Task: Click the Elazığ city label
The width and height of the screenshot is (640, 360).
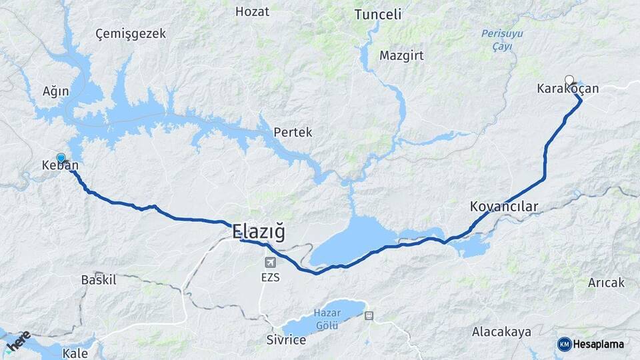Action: click(259, 233)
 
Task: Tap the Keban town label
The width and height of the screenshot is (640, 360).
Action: click(60, 165)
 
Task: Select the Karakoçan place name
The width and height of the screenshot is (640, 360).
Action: click(568, 89)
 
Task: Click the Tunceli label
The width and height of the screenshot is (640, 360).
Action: click(378, 15)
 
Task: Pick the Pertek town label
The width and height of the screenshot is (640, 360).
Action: click(293, 133)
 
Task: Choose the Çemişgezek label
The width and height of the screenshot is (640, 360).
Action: click(130, 33)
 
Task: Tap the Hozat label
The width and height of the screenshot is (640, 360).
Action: click(253, 11)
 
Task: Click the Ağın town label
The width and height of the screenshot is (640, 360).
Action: click(55, 91)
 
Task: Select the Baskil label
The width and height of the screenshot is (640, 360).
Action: click(98, 280)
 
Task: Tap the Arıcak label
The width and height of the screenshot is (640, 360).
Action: click(606, 283)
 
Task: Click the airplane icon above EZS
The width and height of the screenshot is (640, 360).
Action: click(269, 262)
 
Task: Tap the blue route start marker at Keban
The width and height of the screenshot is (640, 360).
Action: click(61, 158)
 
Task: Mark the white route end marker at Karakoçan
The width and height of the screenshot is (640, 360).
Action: click(569, 80)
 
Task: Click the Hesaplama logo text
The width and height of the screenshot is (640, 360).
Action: click(598, 344)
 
